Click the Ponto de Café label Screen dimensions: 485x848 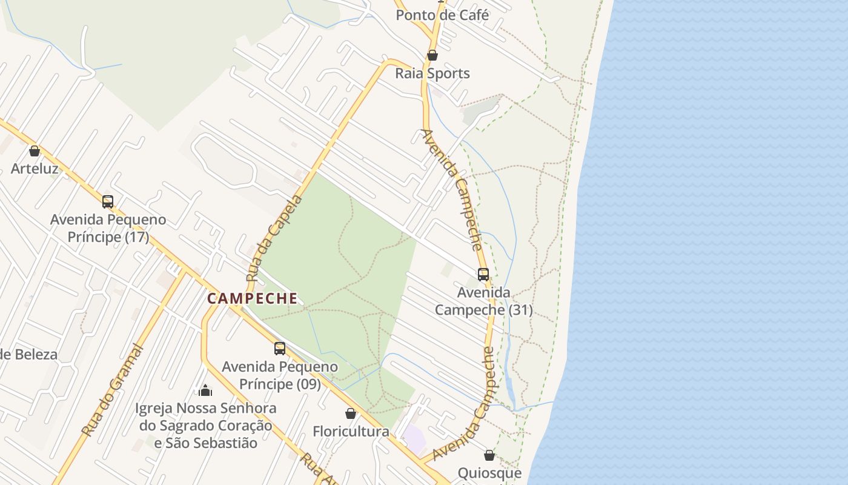[442, 15]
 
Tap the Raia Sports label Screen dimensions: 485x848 [432, 73]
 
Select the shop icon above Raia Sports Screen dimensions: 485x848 [432, 55]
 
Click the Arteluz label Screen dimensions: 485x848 [35, 169]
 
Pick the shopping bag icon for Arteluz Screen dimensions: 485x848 [35, 151]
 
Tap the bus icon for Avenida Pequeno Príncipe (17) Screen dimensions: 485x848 [108, 202]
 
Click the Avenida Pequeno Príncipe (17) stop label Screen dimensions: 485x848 [108, 228]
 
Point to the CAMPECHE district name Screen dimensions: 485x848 [253, 298]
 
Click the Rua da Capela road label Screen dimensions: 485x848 [274, 238]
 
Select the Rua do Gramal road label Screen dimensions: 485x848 [113, 390]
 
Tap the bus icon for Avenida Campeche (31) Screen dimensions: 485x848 [483, 275]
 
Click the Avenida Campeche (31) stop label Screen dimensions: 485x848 [484, 301]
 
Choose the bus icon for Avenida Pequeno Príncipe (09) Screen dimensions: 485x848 [280, 349]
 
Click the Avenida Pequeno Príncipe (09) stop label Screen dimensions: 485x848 [280, 375]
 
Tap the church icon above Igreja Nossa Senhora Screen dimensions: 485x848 [205, 390]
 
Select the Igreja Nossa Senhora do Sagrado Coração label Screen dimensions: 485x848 [206, 426]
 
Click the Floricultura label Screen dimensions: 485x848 [351, 432]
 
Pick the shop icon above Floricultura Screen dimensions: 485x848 [351, 413]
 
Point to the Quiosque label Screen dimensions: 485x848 [489, 473]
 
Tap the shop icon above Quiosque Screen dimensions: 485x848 [489, 455]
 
